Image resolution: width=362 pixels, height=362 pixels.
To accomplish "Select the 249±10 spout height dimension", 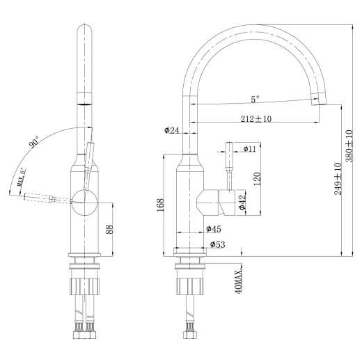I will click(x=338, y=178).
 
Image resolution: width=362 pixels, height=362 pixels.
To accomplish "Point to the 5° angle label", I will click(x=255, y=99).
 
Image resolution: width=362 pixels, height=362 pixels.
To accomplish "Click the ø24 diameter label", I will click(x=172, y=129).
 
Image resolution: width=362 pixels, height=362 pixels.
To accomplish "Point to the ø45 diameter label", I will click(x=213, y=228).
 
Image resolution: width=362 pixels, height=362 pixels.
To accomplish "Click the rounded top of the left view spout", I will click(x=85, y=31).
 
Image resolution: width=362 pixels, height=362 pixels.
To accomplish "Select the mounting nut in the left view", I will click(x=85, y=285).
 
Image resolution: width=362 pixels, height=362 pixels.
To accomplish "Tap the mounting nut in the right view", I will click(x=189, y=285).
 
